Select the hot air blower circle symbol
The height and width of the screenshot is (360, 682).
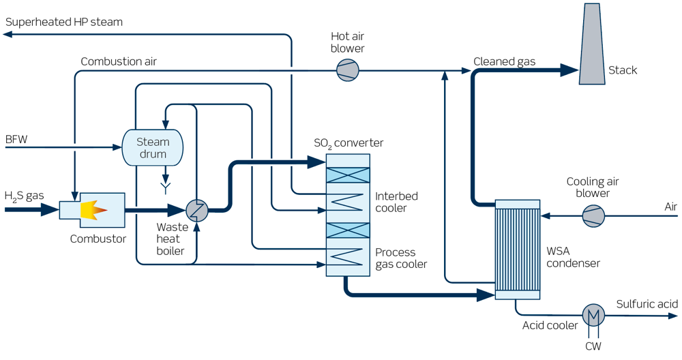tap(348, 70)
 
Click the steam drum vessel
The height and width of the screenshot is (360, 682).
tap(153, 147)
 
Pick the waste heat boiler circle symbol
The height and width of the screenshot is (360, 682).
tap(197, 211)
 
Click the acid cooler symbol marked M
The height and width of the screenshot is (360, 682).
tap(593, 315)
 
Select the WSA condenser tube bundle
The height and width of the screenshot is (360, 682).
tap(517, 249)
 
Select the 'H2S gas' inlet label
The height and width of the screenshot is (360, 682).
tap(25, 196)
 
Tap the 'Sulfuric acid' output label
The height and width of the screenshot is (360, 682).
tap(647, 303)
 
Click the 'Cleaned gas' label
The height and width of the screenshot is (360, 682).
tap(504, 62)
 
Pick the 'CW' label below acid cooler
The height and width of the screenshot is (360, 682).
tap(593, 346)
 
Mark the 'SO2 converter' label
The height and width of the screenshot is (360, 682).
tap(349, 143)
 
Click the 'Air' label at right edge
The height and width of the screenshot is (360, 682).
tap(671, 206)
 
